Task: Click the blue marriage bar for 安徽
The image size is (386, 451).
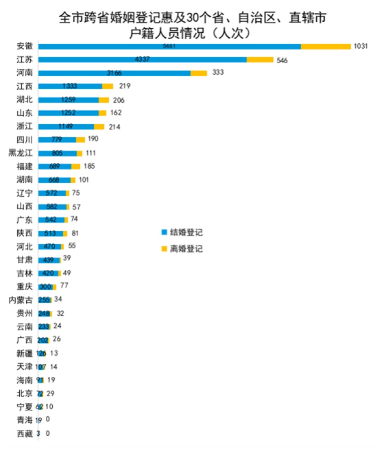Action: pos(170,46)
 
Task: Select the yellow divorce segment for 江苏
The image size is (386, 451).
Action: pos(260,60)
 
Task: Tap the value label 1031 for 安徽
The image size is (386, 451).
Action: pos(361,46)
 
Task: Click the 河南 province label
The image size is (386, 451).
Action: pos(25,73)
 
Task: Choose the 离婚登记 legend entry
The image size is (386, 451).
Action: pos(182,249)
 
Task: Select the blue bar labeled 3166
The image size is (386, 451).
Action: pos(114,73)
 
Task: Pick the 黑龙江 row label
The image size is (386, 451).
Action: pos(21,153)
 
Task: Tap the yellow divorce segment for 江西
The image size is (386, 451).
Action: pos(107,86)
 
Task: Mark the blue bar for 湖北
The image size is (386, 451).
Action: pos(68,100)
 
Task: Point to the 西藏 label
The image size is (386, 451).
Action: pos(25,433)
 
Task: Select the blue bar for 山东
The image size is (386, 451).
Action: pos(68,113)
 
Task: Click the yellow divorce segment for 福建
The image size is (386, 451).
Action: pos(76,166)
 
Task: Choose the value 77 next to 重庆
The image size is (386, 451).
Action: pos(64,286)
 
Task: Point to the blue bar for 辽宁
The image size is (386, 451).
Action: pos(52,193)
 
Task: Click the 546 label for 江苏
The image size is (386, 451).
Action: pos(282,60)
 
